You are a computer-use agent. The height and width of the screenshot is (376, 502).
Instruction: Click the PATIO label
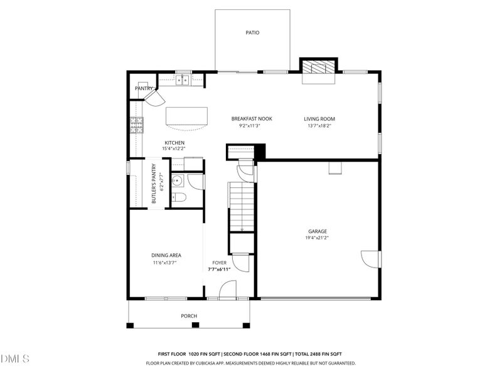point(252,33)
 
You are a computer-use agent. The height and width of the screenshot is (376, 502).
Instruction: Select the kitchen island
point(186,117)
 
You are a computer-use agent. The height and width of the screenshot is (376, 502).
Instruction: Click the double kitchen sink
point(183,80)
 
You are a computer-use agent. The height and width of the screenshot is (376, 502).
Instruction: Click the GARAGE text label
point(317,231)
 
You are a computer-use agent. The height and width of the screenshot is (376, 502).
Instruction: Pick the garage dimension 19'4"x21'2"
point(317,238)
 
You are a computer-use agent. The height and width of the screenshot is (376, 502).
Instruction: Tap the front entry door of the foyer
point(227,289)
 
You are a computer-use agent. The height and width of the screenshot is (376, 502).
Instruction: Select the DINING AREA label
point(166,255)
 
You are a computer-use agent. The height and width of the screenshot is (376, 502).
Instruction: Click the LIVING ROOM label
point(319,118)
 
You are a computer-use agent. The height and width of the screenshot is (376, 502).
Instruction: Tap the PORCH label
point(189,316)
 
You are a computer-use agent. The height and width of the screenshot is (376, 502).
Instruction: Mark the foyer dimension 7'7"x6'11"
point(220,269)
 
